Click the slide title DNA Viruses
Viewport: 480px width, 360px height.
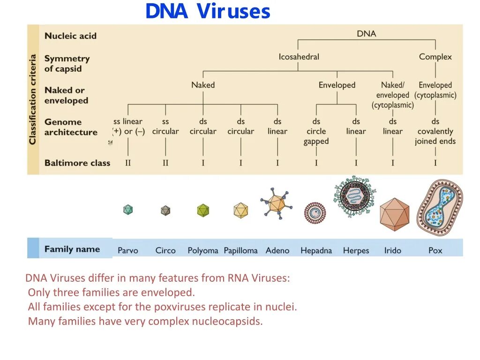[x=208, y=12]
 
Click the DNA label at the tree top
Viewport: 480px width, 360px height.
[x=366, y=34]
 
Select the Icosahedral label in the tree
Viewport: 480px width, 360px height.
[x=299, y=57]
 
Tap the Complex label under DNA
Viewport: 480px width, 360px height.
[x=435, y=57]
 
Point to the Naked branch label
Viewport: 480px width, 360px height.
[x=202, y=85]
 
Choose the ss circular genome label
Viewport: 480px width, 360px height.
[x=165, y=127]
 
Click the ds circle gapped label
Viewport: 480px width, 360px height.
[x=316, y=131]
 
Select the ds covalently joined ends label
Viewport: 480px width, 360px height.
[x=435, y=131]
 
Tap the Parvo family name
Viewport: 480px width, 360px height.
[x=127, y=250]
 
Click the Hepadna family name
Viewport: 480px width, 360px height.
[x=316, y=250]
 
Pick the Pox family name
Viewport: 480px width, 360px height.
[x=435, y=250]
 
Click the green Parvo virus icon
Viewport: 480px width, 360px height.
[x=127, y=210]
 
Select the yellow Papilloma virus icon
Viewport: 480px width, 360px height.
[x=240, y=210]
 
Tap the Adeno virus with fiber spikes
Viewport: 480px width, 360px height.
[x=277, y=203]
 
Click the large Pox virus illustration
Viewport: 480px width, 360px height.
[x=439, y=207]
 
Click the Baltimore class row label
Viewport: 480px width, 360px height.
[x=77, y=163]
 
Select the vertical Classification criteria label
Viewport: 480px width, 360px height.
[x=33, y=99]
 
